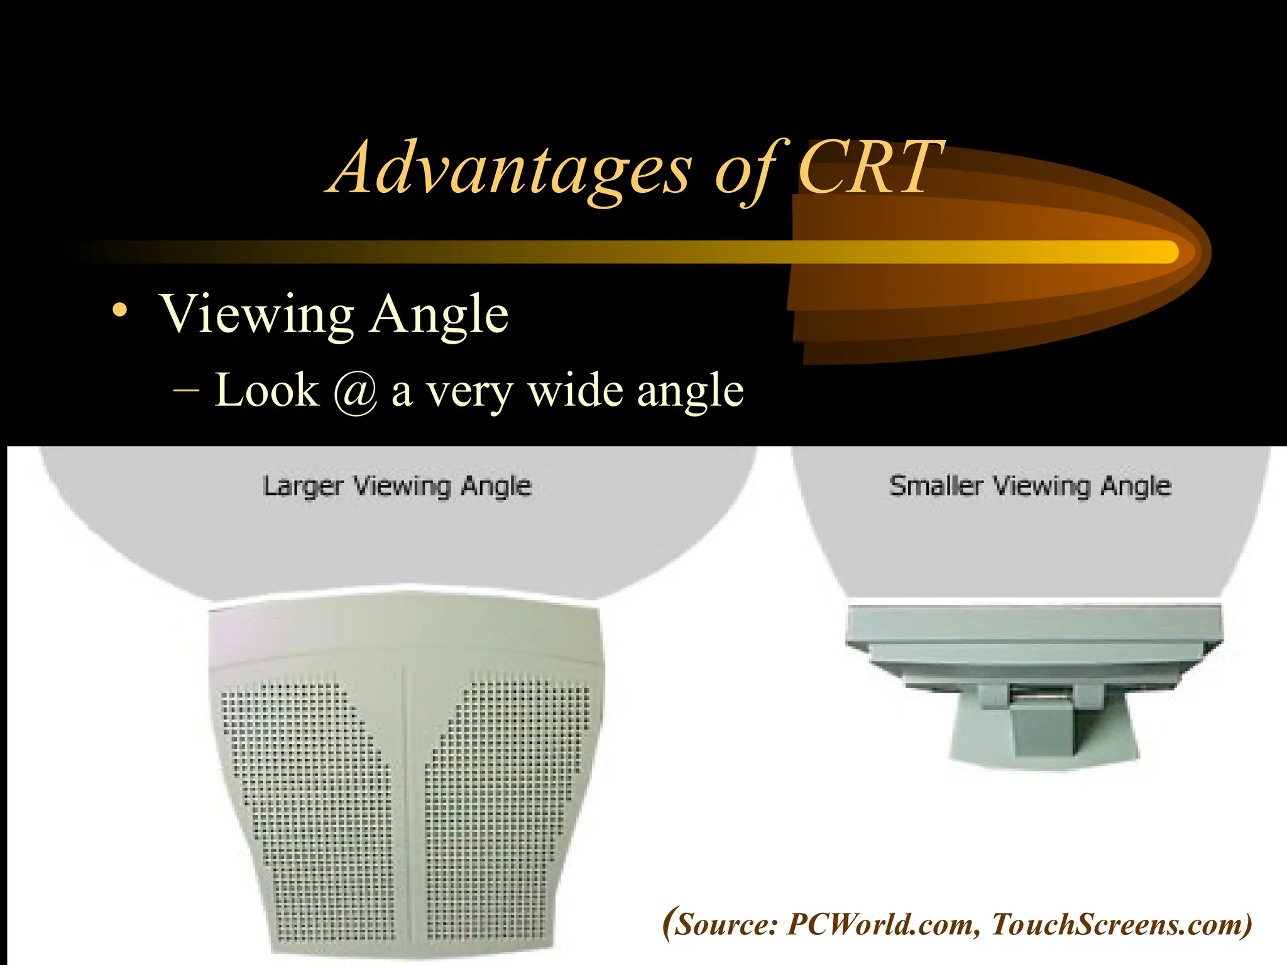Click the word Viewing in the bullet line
258,314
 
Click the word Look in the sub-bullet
267,390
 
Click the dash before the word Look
186,390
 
